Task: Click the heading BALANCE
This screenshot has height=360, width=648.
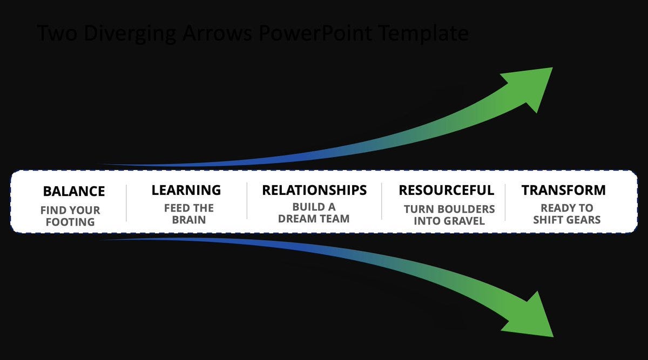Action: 74,191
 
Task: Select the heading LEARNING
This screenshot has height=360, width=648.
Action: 186,190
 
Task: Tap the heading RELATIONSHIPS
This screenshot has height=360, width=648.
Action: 314,190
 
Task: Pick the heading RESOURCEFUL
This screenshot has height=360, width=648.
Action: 446,190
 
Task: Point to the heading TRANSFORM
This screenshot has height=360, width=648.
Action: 563,190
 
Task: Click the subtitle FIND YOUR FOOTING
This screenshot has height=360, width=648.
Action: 70,216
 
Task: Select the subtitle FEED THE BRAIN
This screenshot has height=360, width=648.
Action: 189,214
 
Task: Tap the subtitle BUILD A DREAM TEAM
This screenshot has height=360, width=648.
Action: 314,213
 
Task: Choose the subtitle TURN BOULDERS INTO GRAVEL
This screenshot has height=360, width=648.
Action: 449,214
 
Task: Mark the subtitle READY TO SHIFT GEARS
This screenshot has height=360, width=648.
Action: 566,214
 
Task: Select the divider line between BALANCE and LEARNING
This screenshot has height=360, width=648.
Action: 126,202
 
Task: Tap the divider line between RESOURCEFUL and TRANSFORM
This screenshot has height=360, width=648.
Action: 505,202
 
